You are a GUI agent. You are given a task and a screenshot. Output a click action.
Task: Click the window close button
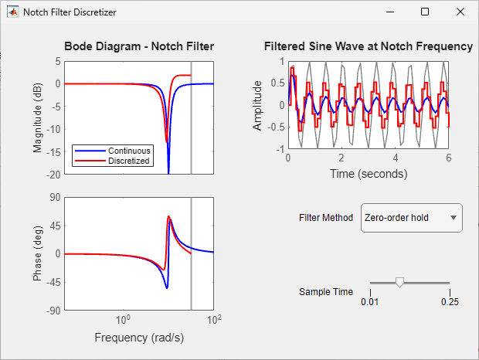tap(460, 12)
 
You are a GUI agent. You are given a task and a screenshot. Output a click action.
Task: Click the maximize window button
tap(425, 12)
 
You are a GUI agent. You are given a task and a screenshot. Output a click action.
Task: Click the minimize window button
tap(390, 12)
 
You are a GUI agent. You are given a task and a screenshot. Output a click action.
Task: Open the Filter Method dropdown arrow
tap(454, 218)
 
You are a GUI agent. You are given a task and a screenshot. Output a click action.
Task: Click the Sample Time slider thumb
tap(399, 283)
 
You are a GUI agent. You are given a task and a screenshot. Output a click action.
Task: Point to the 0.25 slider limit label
tap(450, 302)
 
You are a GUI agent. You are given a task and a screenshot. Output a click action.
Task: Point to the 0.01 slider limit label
tap(369, 302)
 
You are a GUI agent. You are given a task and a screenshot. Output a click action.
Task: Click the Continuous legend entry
tap(113, 151)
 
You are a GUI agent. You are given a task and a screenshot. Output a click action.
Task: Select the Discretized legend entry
tap(113, 161)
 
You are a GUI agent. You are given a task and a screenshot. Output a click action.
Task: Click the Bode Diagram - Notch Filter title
tap(139, 46)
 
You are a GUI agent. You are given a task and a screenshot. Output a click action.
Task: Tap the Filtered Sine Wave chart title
tap(369, 46)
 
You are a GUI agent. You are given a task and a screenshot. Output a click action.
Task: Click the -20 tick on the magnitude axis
tap(53, 175)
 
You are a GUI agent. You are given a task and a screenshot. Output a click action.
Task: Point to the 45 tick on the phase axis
tap(56, 226)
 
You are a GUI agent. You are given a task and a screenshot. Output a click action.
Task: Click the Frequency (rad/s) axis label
tap(139, 338)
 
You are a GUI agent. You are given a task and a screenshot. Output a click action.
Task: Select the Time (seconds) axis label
tap(369, 174)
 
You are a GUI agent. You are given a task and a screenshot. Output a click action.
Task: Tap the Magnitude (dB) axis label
tap(37, 118)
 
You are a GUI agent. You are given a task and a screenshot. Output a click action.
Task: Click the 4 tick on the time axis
tap(396, 158)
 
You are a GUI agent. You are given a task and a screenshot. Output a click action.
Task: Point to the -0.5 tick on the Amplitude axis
tap(276, 127)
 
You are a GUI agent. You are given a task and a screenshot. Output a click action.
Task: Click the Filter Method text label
tap(326, 218)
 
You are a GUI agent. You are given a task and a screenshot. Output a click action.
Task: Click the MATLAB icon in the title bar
tap(13, 12)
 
